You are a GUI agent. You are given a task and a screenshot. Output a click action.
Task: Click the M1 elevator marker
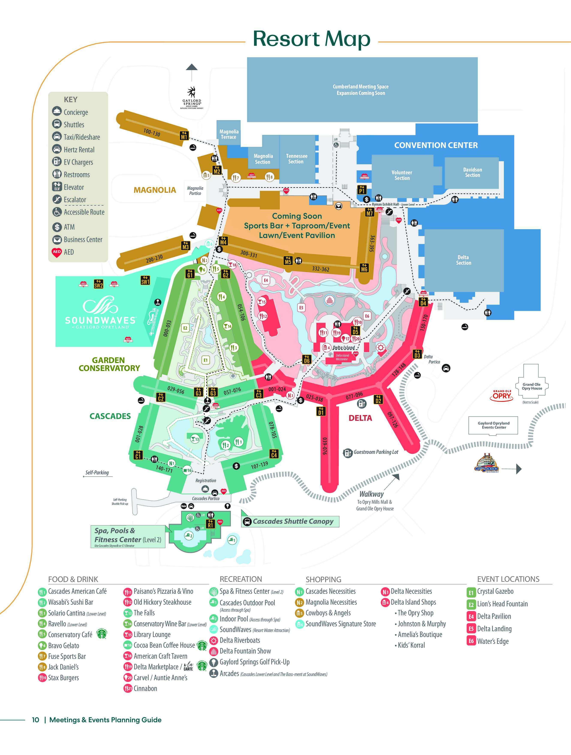[x=184, y=136]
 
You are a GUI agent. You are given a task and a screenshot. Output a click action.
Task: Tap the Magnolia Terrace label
[x=229, y=134]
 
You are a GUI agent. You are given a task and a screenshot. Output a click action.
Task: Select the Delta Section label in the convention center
[x=463, y=260]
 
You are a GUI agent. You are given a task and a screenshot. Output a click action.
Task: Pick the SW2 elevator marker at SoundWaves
[x=98, y=284]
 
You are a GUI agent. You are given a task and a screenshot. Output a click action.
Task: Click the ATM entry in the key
[x=69, y=227]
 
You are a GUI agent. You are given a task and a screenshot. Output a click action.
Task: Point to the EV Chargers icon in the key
[x=57, y=162]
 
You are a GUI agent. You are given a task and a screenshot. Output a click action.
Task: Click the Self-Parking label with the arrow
[x=97, y=473]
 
